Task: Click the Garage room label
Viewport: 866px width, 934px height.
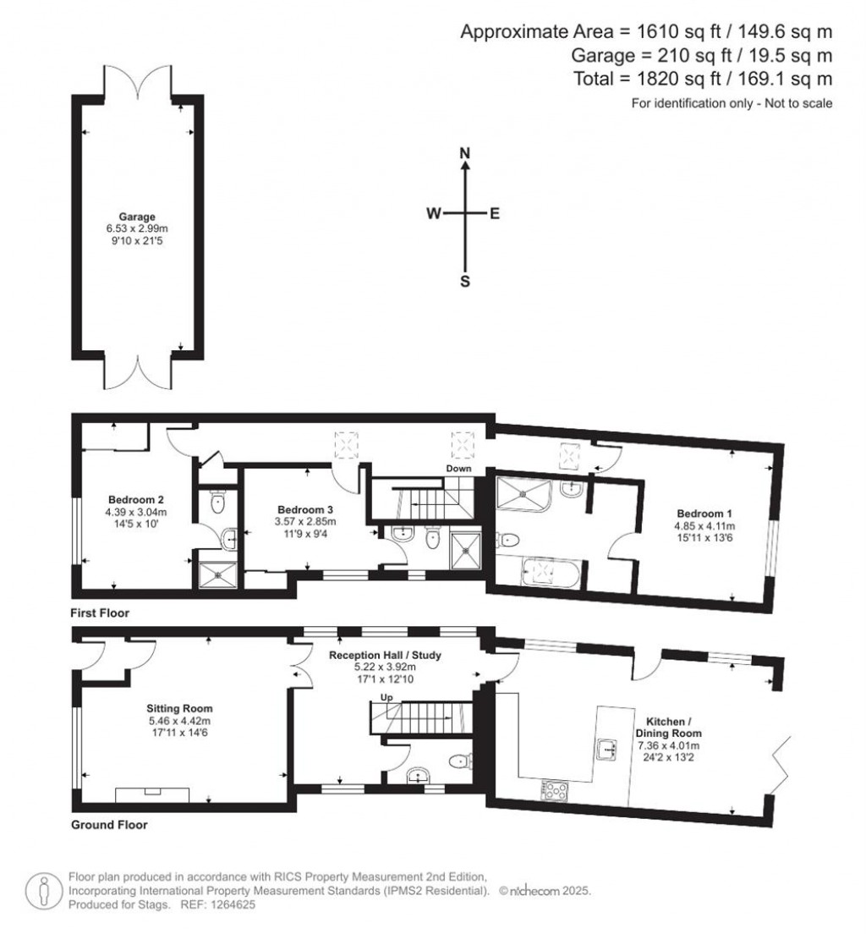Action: click(x=137, y=217)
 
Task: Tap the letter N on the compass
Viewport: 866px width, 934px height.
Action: click(x=465, y=153)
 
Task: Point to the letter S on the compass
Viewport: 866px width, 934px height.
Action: click(x=465, y=282)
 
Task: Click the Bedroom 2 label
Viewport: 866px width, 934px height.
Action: click(x=136, y=500)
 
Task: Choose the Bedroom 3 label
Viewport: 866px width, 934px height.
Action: click(x=305, y=509)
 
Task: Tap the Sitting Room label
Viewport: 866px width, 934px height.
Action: click(x=179, y=708)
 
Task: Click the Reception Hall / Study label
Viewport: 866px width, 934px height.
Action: click(x=385, y=655)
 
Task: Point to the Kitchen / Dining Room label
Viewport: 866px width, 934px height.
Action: click(x=668, y=728)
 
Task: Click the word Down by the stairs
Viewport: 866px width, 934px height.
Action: click(x=458, y=468)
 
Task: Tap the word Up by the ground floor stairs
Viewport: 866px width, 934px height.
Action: click(x=386, y=697)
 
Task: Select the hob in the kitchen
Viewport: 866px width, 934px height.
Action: click(x=555, y=790)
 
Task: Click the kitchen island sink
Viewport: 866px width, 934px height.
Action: click(x=607, y=748)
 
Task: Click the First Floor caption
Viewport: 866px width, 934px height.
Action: click(x=100, y=613)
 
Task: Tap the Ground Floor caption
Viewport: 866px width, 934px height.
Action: click(x=109, y=825)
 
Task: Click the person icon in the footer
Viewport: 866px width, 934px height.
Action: click(x=43, y=892)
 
